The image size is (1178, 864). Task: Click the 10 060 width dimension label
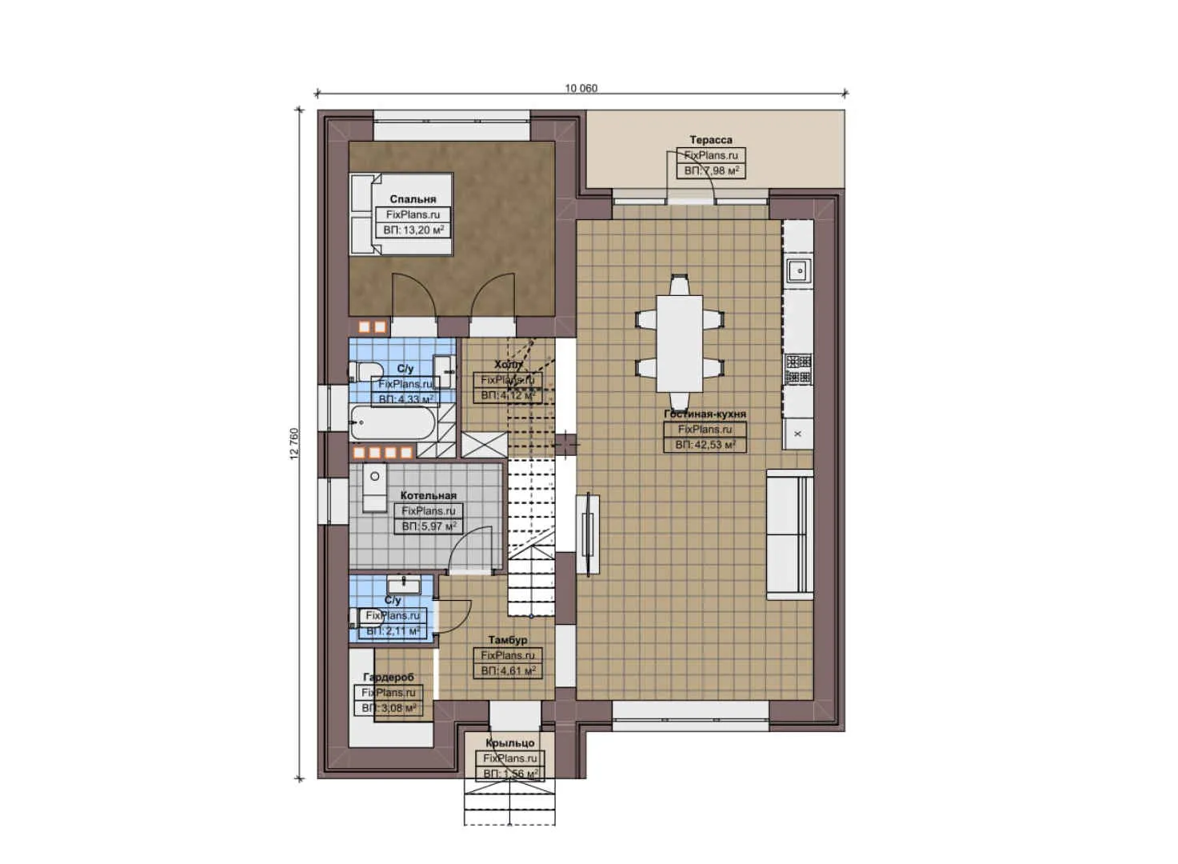(x=581, y=88)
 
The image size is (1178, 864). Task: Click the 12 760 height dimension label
(x=294, y=443)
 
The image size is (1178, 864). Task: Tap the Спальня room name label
(x=413, y=199)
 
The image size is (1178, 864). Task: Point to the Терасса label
(x=710, y=140)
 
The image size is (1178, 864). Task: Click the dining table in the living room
(x=680, y=342)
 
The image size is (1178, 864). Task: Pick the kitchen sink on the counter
(x=798, y=270)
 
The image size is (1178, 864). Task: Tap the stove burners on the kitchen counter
(x=798, y=369)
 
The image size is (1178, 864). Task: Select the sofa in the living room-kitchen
(x=790, y=534)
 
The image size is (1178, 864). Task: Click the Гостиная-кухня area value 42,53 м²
(x=705, y=445)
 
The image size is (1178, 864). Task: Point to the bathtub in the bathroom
(x=393, y=422)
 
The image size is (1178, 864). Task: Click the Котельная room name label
(x=429, y=495)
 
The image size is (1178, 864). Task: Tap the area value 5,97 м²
(x=429, y=526)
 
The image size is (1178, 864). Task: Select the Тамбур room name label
(x=508, y=640)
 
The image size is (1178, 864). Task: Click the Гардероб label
(x=389, y=677)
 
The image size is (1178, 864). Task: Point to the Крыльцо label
(x=509, y=743)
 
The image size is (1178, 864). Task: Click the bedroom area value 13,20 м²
(x=413, y=230)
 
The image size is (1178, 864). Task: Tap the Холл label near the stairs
(x=508, y=364)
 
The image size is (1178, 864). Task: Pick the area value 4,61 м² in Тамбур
(x=508, y=671)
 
